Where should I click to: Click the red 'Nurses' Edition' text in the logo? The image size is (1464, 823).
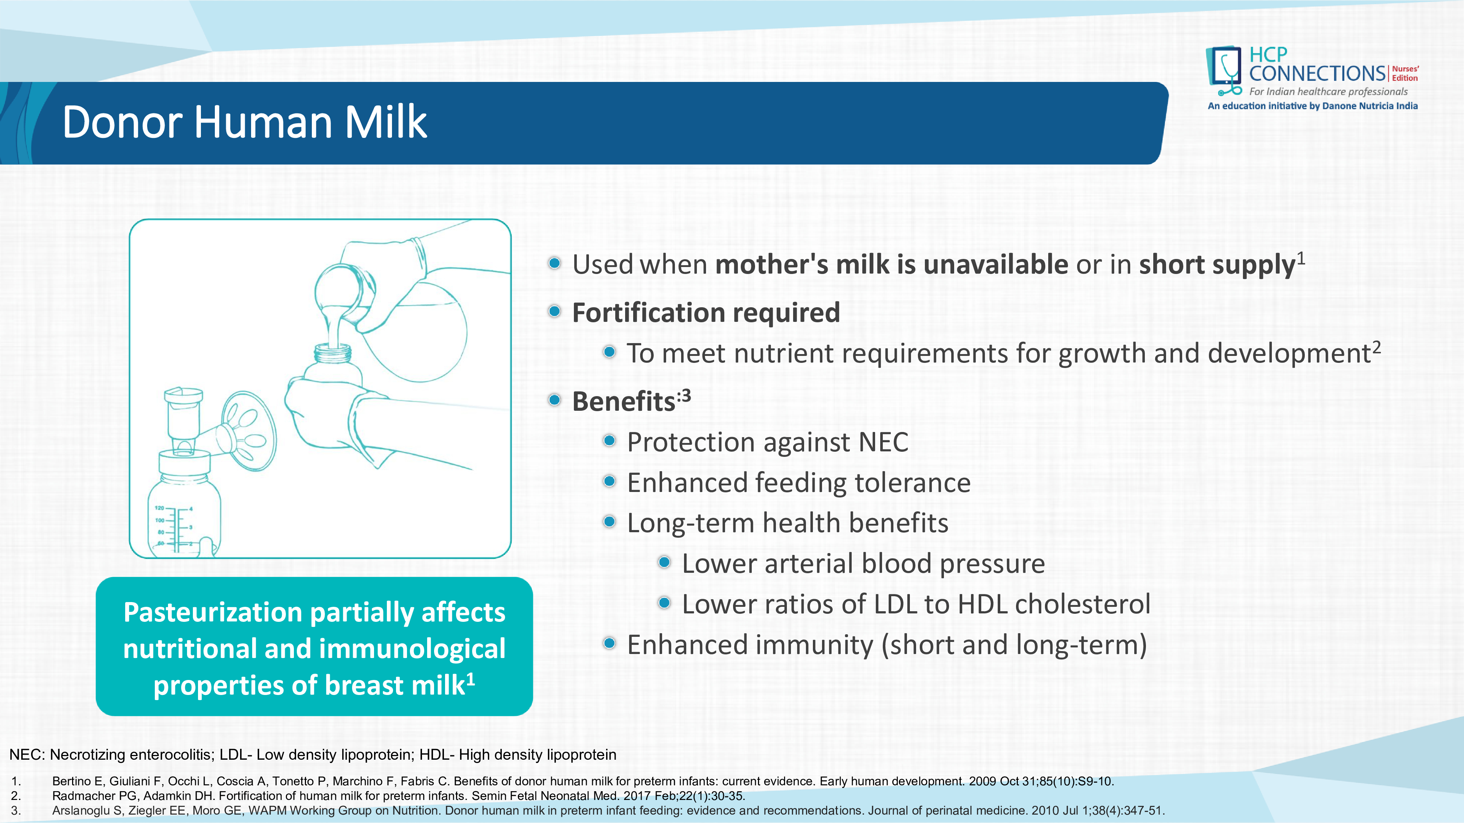(x=1405, y=73)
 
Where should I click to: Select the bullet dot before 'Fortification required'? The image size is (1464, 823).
(x=555, y=311)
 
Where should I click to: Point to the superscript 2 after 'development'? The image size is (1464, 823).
(x=1377, y=346)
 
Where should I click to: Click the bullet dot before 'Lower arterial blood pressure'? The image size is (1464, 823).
(x=664, y=562)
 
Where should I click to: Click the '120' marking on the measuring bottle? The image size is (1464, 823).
(x=159, y=508)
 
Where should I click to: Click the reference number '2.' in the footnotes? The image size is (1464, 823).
(x=16, y=796)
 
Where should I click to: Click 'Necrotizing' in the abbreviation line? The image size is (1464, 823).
(x=88, y=755)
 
